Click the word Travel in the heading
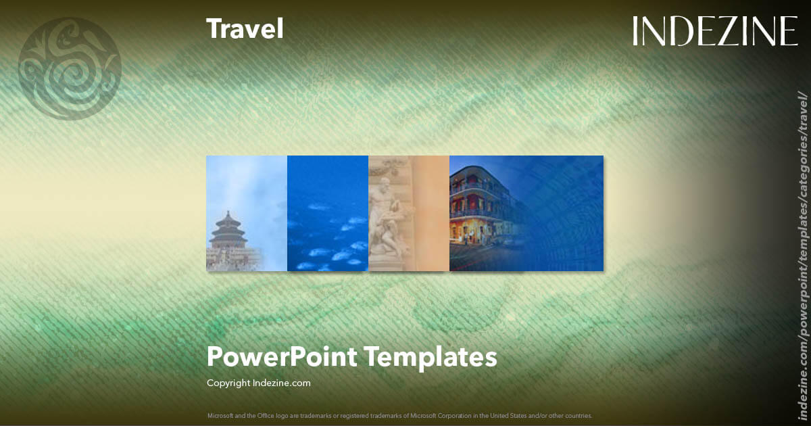pyautogui.click(x=245, y=29)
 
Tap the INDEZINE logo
pyautogui.click(x=715, y=32)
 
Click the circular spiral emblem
pyautogui.click(x=70, y=68)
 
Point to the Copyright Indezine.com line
pyautogui.click(x=259, y=383)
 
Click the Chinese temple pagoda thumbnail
pyautogui.click(x=247, y=213)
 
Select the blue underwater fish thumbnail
pyautogui.click(x=328, y=213)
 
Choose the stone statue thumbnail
pyautogui.click(x=409, y=213)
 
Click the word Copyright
pyautogui.click(x=228, y=383)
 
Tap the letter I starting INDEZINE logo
pyautogui.click(x=637, y=32)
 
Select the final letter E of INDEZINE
pyautogui.click(x=788, y=32)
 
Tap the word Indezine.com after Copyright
pyautogui.click(x=281, y=383)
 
